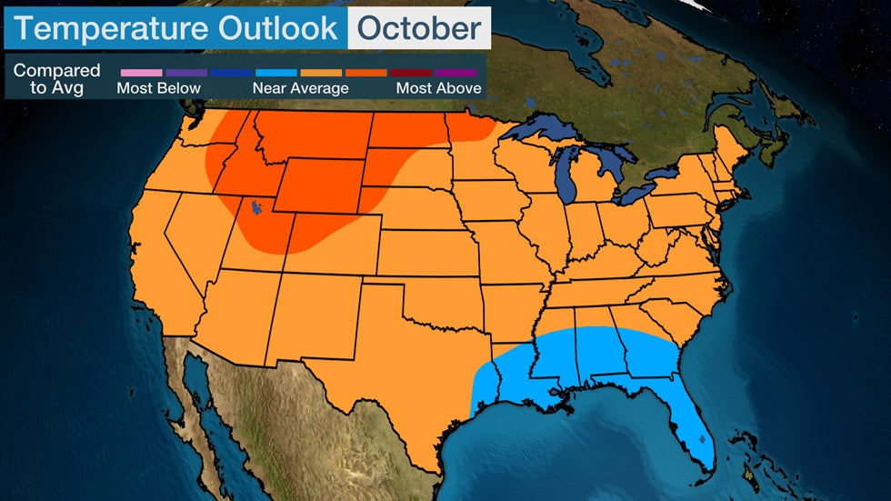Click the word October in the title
tap(418, 28)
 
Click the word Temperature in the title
tap(114, 28)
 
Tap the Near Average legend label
tap(300, 88)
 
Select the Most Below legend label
tap(158, 88)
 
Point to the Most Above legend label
tap(438, 88)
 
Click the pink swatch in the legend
tap(141, 72)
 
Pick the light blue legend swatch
tap(275, 72)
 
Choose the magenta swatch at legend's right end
tap(456, 72)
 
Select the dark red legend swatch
tap(411, 72)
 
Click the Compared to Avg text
tap(56, 79)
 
